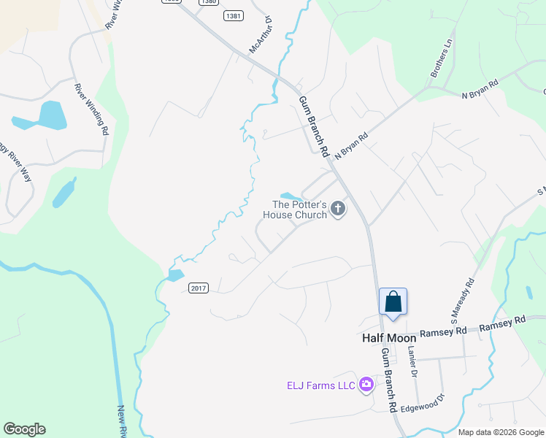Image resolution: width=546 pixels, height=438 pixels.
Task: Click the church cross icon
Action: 337,210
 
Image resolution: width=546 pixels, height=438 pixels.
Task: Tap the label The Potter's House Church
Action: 299,210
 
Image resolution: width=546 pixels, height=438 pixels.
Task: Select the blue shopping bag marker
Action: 393,302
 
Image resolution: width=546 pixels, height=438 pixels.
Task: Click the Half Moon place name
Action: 389,338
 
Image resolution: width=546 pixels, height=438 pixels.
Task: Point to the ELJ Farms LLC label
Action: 320,385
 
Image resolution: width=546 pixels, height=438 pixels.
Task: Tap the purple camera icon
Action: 366,385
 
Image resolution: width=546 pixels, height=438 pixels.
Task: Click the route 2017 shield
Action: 199,288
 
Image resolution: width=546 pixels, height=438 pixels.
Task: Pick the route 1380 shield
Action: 208,2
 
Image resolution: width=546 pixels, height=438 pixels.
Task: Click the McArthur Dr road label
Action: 260,35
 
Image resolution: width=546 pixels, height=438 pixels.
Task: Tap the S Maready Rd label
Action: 463,300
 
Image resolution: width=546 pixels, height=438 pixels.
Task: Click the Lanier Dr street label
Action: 412,361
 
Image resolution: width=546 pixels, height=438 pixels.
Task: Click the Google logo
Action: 24,429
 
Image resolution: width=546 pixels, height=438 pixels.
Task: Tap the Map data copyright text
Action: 500,432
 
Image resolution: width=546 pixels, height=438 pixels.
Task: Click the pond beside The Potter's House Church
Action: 291,196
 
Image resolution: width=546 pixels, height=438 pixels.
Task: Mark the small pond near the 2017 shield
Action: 175,275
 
